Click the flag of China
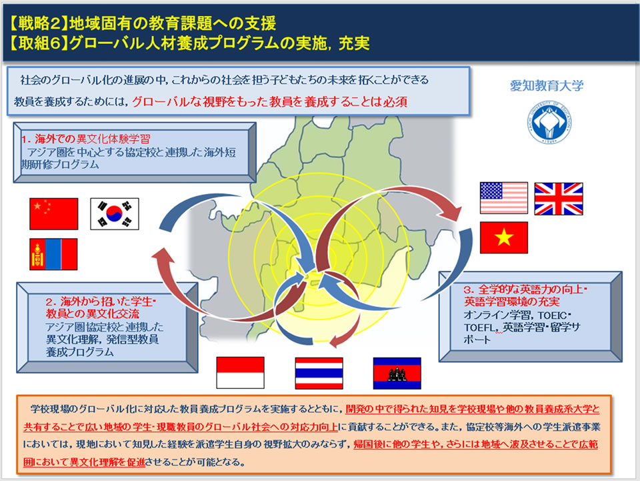click(x=53, y=214)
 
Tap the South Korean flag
click(x=114, y=214)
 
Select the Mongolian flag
click(x=53, y=254)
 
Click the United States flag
click(x=504, y=198)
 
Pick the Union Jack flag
click(x=559, y=199)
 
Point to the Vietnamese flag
click(x=504, y=237)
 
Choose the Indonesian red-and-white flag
click(x=240, y=373)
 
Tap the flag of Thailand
click(x=319, y=373)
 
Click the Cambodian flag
click(x=397, y=373)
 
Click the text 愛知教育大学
click(x=547, y=85)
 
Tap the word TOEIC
click(x=552, y=316)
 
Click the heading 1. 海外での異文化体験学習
click(x=86, y=139)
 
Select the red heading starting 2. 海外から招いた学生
click(x=101, y=308)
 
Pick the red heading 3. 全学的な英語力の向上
click(x=525, y=296)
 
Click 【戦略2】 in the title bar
click(x=38, y=23)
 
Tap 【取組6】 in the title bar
click(x=38, y=43)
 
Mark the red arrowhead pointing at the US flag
click(x=451, y=212)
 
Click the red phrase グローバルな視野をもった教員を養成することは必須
click(x=270, y=101)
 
